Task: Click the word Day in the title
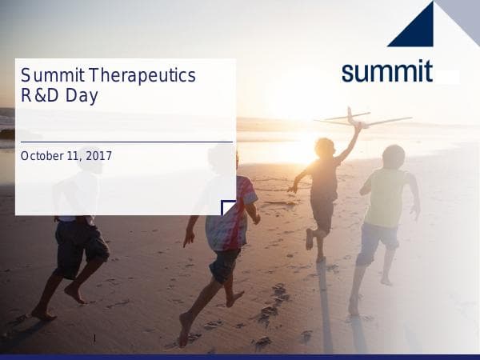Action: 84,97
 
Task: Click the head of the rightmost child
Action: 394,156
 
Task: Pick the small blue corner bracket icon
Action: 229,208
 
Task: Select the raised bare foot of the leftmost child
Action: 75,295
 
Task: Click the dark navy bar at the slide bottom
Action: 240,356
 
